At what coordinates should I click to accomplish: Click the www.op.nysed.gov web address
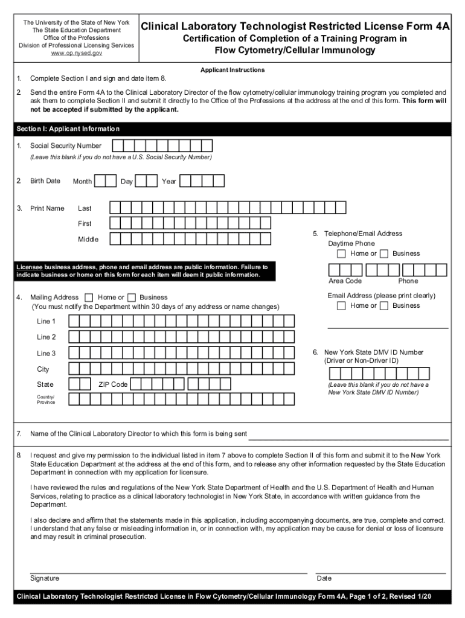(x=76, y=54)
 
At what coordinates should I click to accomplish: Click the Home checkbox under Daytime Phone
(x=342, y=253)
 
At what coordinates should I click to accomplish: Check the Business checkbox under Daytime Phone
(x=384, y=253)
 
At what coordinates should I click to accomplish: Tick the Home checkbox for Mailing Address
(x=89, y=298)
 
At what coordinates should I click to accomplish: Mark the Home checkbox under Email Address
(x=342, y=305)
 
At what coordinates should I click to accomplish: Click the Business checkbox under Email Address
(x=384, y=305)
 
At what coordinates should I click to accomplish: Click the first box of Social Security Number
(x=118, y=145)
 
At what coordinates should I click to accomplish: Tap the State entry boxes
(x=80, y=384)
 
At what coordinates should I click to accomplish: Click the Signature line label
(x=45, y=578)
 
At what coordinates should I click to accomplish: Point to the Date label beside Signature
(x=324, y=578)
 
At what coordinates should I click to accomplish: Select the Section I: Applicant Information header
(x=68, y=129)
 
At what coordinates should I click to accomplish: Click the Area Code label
(x=345, y=281)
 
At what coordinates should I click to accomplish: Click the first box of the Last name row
(x=116, y=208)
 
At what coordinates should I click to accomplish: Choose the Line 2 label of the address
(x=46, y=337)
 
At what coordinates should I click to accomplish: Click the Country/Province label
(x=46, y=399)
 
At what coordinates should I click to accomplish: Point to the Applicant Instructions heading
(x=232, y=70)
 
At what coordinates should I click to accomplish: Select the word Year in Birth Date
(x=169, y=182)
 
